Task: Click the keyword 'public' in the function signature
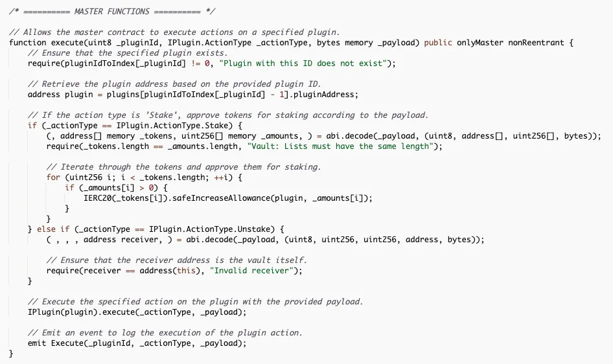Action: coord(438,43)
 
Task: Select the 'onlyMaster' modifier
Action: coord(480,43)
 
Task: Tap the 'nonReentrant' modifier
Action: coord(536,43)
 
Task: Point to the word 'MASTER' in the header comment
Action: coord(89,11)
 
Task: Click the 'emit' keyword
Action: coord(37,343)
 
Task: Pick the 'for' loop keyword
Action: coord(53,177)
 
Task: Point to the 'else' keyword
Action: coord(46,229)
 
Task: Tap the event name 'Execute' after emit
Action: coord(67,343)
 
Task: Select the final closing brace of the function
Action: coord(11,354)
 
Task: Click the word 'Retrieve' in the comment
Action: coord(60,84)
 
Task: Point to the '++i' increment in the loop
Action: coord(221,177)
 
